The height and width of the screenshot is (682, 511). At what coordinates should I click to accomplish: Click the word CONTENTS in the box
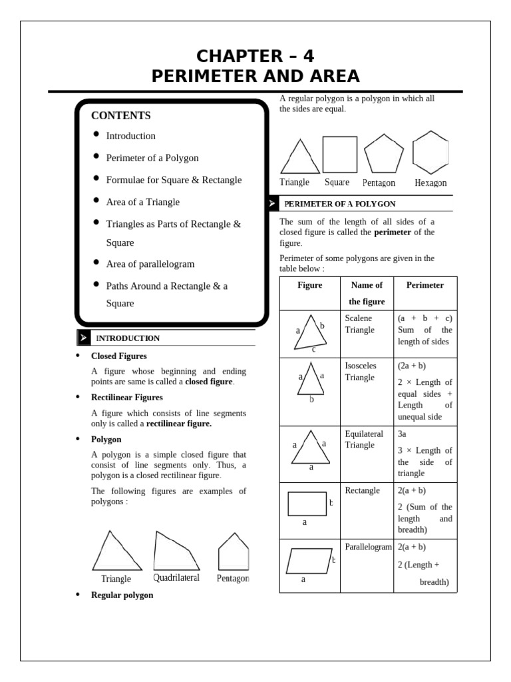click(x=120, y=116)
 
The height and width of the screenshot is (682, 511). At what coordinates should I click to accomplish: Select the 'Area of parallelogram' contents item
click(x=150, y=264)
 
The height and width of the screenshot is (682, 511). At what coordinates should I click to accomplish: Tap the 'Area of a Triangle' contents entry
click(x=143, y=202)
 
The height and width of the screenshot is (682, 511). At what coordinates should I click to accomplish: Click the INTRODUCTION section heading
click(x=128, y=338)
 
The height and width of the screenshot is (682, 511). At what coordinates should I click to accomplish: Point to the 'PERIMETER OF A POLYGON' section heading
click(x=339, y=204)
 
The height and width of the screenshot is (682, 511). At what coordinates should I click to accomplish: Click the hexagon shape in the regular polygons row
click(x=430, y=153)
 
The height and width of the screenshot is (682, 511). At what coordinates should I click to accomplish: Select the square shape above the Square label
click(x=339, y=155)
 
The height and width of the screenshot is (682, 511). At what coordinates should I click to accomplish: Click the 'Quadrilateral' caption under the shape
click(x=176, y=578)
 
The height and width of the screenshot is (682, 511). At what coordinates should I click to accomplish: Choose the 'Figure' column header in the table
click(x=309, y=285)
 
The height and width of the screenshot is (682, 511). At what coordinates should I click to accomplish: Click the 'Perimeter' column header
click(x=425, y=285)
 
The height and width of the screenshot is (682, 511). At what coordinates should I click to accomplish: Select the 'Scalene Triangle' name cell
click(x=360, y=324)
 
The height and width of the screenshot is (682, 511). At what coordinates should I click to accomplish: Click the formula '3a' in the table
click(x=403, y=434)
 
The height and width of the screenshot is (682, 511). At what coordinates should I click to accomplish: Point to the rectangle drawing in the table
click(x=307, y=504)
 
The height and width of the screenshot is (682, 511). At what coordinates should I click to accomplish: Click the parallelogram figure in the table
click(x=308, y=560)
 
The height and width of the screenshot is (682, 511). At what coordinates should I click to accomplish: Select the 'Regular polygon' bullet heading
click(x=122, y=595)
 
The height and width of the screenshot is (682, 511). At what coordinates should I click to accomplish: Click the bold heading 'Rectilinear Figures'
click(x=127, y=398)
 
